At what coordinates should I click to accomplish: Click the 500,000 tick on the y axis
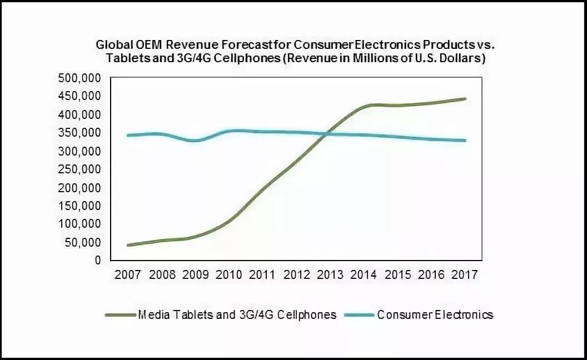point(79,78)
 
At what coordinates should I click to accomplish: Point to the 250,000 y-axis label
point(79,169)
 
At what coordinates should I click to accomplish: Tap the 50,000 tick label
point(82,242)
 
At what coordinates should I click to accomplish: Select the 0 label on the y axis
point(98,260)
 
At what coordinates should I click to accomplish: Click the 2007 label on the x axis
point(128,274)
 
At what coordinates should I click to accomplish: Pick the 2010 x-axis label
point(228,274)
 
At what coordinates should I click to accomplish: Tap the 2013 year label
point(330,274)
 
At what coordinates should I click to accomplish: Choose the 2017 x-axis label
point(464,274)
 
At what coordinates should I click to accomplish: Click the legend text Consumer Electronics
point(435,315)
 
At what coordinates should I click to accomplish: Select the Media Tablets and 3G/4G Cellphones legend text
point(237,315)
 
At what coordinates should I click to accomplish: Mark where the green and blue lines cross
point(328,133)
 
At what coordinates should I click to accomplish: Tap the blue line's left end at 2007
point(128,135)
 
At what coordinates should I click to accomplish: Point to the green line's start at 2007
point(128,245)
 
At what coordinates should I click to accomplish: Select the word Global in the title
point(113,44)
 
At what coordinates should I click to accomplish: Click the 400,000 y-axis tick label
point(79,114)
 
